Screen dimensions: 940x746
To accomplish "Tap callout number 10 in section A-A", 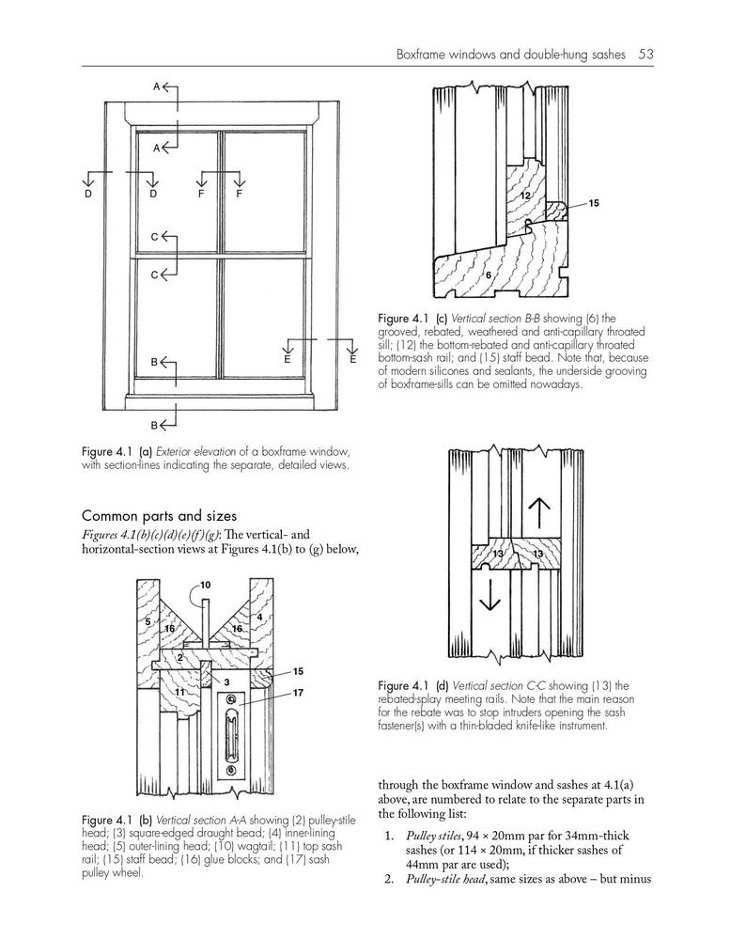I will click(205, 585).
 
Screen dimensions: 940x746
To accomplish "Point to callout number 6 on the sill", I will click(489, 274).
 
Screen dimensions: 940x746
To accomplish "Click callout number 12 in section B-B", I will click(525, 194).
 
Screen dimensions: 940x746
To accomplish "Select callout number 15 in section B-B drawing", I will click(593, 203).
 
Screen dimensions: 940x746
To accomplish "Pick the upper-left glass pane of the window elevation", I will click(176, 192).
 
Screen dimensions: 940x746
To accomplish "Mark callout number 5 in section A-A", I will click(148, 621).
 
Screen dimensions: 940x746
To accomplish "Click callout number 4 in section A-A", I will click(259, 617).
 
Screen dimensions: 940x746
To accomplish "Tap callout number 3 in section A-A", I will click(226, 681).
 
